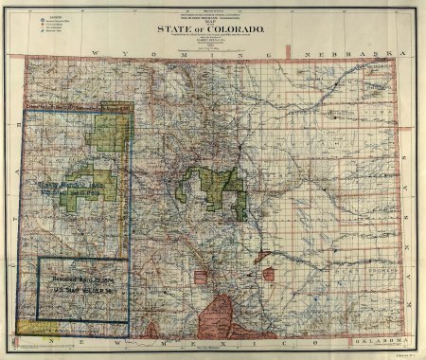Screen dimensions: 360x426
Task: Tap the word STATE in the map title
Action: pyautogui.click(x=171, y=29)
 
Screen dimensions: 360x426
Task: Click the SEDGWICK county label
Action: pyautogui.click(x=381, y=69)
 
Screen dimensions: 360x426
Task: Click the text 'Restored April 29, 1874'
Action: pyautogui.click(x=80, y=281)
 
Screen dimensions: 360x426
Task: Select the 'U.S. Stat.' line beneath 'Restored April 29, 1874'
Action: pyautogui.click(x=80, y=290)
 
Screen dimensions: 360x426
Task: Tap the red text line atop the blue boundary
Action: pyautogui.click(x=76, y=113)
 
